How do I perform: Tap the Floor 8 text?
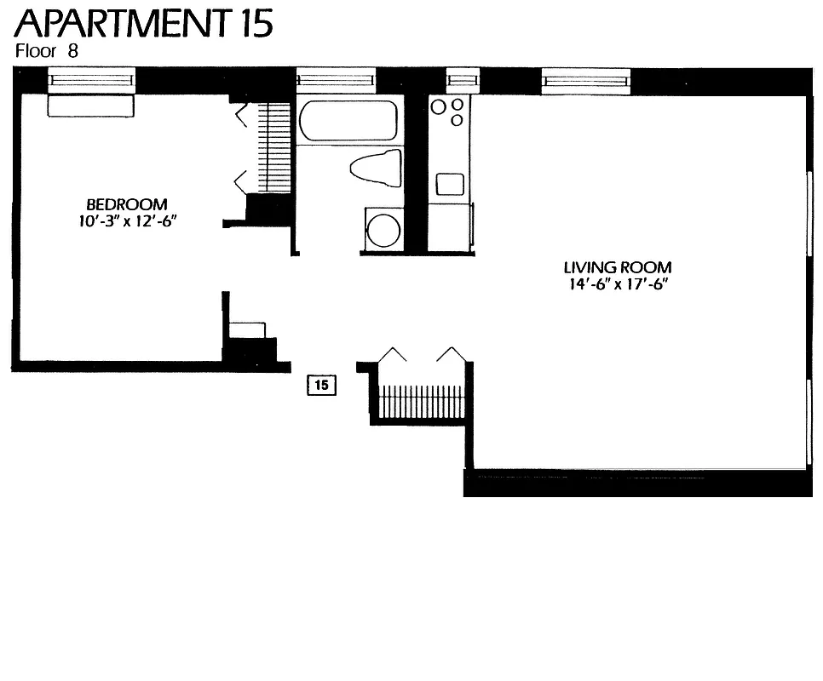point(47,51)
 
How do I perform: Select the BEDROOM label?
point(127,204)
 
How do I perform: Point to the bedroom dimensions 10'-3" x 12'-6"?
point(127,221)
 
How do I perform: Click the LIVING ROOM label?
point(618,267)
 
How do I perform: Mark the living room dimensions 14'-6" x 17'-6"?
point(618,284)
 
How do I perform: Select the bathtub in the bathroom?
point(348,121)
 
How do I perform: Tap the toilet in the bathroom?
point(377,167)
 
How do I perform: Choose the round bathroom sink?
point(383,229)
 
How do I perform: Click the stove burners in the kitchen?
point(448,111)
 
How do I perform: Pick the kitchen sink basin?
point(450,184)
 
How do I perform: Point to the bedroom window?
point(91,81)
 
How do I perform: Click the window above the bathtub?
point(336,81)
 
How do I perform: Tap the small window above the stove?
point(463,81)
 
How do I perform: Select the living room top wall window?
point(586,81)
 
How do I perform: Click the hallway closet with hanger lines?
point(421,400)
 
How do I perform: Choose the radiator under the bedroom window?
point(91,106)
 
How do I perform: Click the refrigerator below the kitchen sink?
point(449,227)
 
